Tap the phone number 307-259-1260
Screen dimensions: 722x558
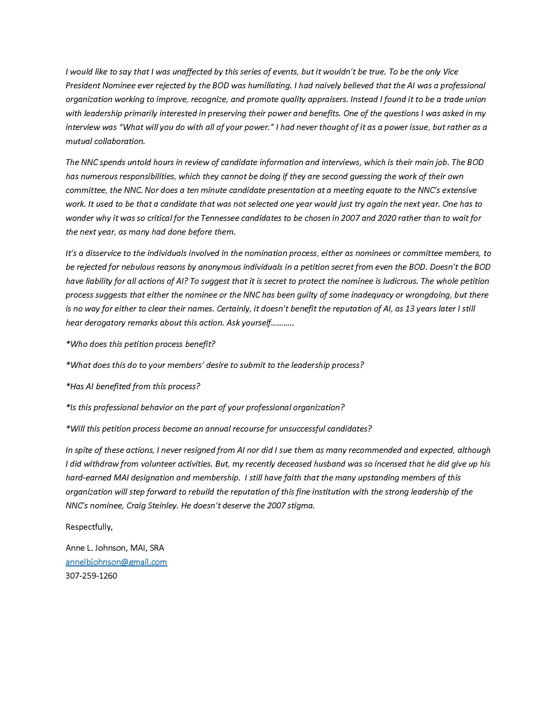(91, 576)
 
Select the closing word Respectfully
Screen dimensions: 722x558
(89, 527)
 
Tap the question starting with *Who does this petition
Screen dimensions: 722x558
(140, 344)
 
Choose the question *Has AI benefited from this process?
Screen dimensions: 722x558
(133, 386)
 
